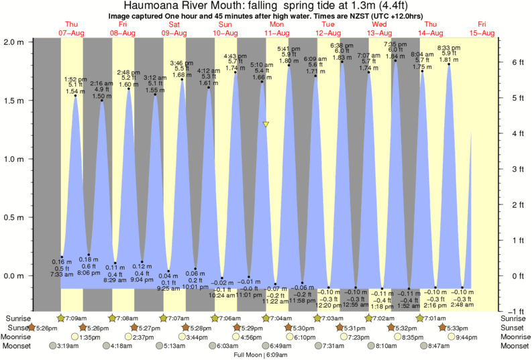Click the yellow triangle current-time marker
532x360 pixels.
266,125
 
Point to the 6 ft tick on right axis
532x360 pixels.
513,62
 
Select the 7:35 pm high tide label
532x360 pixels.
394,44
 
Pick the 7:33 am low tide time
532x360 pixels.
61,274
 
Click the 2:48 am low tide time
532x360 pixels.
462,305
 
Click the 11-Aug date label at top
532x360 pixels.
276,33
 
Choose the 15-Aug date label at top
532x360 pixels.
482,33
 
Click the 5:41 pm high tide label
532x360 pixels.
288,48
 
